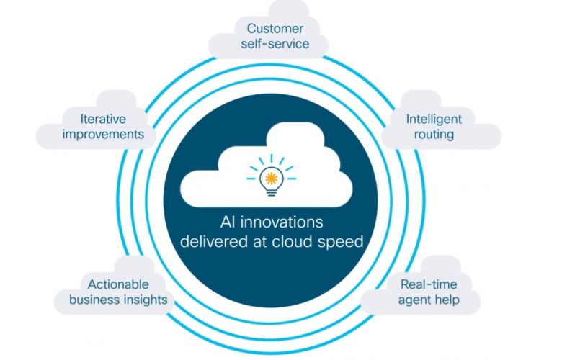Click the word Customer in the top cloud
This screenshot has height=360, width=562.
(x=275, y=28)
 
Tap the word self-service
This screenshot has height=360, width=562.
(x=275, y=44)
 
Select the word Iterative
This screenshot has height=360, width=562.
(x=103, y=119)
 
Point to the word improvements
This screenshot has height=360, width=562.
(x=103, y=135)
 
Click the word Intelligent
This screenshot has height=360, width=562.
(x=434, y=120)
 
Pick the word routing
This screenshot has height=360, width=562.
(x=434, y=135)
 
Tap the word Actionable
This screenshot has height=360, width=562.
(x=118, y=284)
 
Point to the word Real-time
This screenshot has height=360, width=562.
(x=429, y=284)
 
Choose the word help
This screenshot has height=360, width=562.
(x=446, y=300)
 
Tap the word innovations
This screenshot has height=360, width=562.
(x=282, y=222)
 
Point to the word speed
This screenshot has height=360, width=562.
(x=341, y=242)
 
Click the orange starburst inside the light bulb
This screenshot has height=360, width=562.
(x=272, y=178)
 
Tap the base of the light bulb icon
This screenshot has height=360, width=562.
(x=272, y=192)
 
